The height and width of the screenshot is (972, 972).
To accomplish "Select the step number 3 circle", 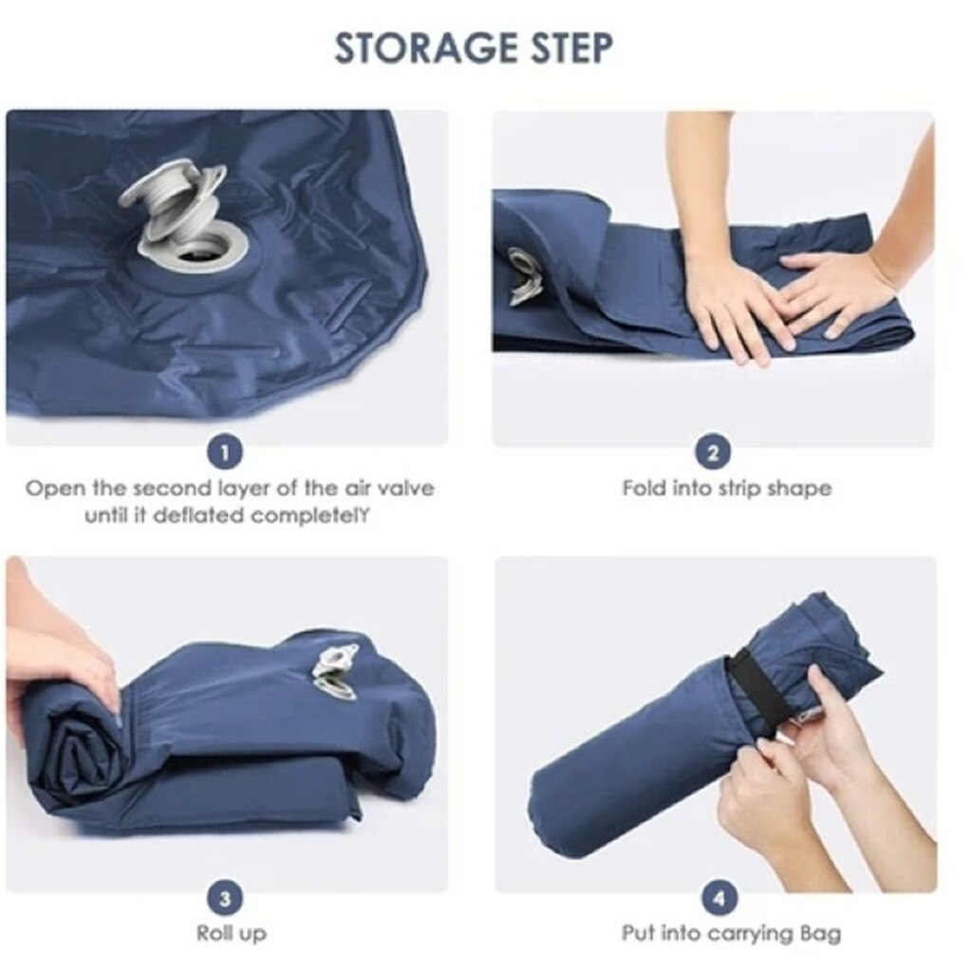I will coord(224,897).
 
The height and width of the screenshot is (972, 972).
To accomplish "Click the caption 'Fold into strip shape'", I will coord(726,489).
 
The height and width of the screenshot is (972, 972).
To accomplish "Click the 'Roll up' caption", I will coord(232,933).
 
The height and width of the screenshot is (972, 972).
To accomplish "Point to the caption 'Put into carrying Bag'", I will coord(731,933).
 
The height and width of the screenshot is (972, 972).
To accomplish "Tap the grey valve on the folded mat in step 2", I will coord(522,275).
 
